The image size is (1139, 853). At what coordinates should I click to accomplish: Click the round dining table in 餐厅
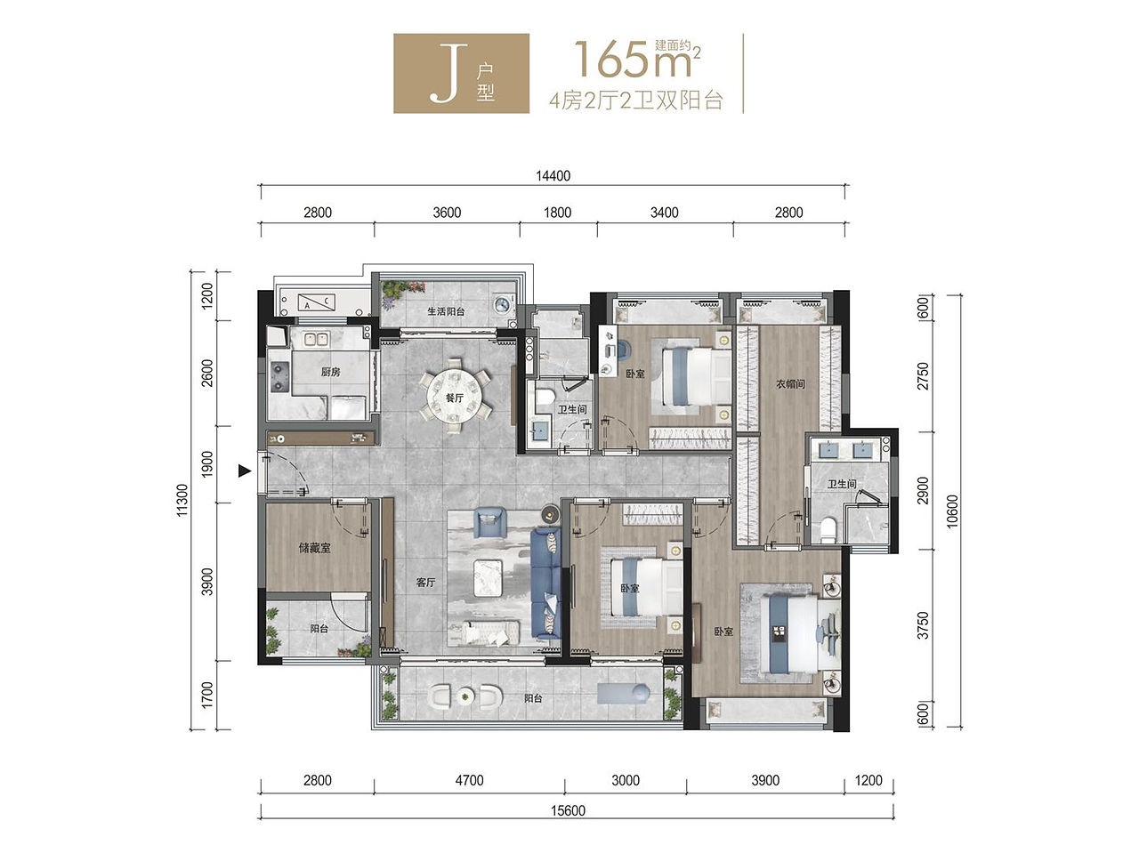point(454,397)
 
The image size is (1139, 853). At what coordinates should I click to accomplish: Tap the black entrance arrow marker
point(244,471)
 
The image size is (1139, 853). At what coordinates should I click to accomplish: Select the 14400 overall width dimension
point(553,176)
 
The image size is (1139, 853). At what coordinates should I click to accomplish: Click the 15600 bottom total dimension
point(568,810)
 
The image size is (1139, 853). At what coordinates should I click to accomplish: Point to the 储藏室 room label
point(314,548)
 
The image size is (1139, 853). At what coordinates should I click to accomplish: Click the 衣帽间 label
point(790,383)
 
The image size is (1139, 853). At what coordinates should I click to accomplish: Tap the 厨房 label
point(330,371)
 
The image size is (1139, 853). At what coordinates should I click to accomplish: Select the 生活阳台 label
point(446,311)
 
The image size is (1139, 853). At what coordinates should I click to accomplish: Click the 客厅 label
point(425,583)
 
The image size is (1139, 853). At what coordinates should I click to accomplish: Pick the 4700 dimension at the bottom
point(469,780)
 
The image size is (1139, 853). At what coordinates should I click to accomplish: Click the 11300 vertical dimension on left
point(182,500)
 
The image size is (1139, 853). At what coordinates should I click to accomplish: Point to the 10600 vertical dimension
point(951,511)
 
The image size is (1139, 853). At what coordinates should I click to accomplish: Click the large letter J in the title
point(448,73)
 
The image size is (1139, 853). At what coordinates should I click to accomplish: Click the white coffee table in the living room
point(488,577)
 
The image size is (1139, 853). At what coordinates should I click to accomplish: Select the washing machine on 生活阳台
point(504,304)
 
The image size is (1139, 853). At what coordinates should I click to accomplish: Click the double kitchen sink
point(315,339)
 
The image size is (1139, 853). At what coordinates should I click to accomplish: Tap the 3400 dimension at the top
point(664,213)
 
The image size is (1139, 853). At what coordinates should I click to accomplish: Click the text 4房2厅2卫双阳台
point(636,101)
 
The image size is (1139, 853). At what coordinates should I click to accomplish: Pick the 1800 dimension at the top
point(557,213)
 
